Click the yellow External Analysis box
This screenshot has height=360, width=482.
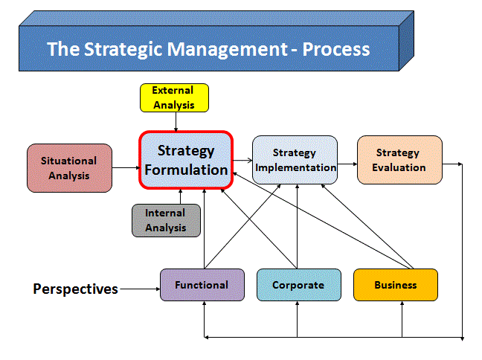tap(174, 97)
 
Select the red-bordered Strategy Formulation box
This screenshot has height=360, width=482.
tap(186, 160)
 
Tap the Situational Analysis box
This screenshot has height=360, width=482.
tap(69, 168)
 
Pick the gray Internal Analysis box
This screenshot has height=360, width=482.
tap(166, 220)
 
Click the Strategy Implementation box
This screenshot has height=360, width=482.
tap(295, 160)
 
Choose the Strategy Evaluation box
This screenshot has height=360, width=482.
tap(399, 160)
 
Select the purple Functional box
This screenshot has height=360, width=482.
tap(202, 285)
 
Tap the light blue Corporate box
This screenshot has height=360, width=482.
tap(299, 285)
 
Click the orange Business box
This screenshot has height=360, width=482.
tap(396, 285)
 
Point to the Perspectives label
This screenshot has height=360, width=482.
tap(75, 289)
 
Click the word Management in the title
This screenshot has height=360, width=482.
tap(228, 49)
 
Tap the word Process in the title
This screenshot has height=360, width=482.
tap(336, 49)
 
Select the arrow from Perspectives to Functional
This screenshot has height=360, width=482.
tap(140, 289)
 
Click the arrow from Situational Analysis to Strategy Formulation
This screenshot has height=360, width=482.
tap(126, 167)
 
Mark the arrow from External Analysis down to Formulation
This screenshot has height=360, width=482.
tap(176, 122)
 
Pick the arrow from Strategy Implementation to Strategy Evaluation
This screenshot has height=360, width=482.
tap(347, 164)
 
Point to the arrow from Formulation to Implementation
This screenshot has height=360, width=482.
tap(242, 160)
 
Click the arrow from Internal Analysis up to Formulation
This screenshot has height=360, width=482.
tap(181, 197)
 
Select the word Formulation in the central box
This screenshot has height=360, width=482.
tap(186, 170)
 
